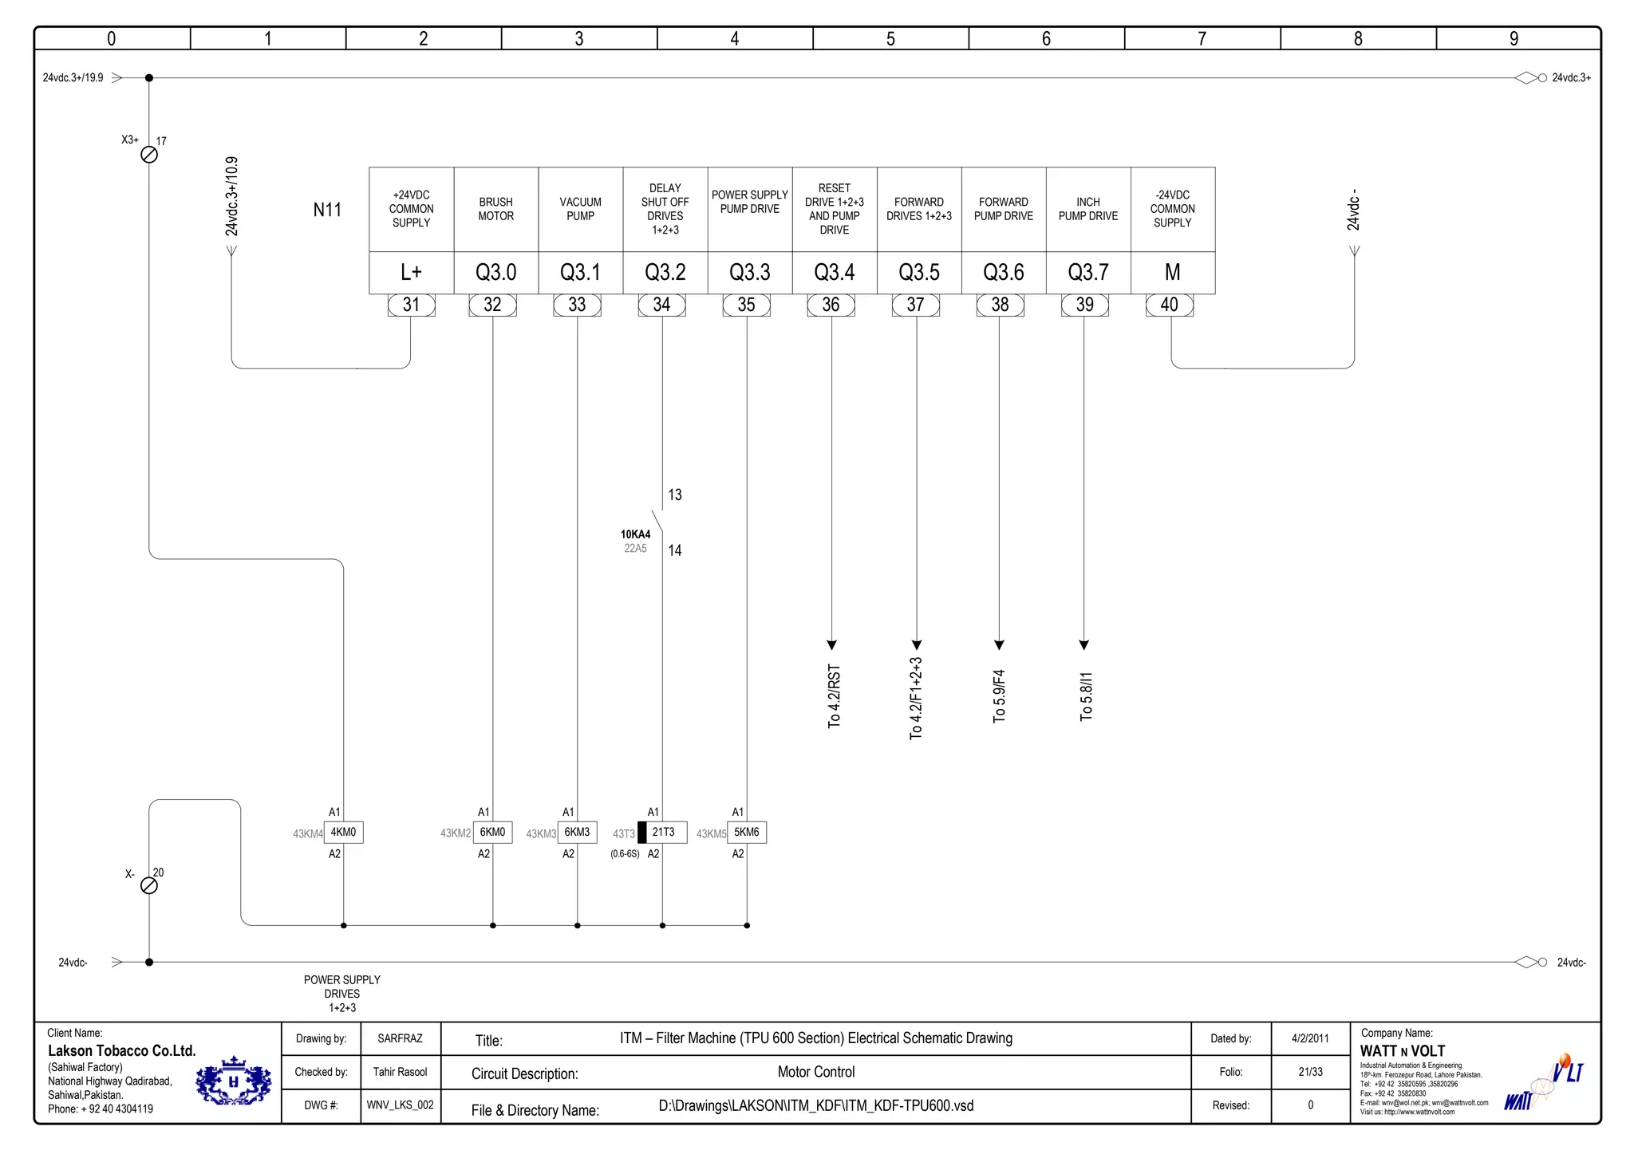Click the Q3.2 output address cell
pos(665,273)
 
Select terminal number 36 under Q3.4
pos(831,305)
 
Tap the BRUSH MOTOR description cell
pos(495,209)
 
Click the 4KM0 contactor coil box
pos(343,832)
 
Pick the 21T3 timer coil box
pos(662,832)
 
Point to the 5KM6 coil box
pos(747,832)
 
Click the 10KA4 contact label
pos(635,534)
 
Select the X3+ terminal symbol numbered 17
pos(149,155)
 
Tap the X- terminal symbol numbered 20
pos(149,886)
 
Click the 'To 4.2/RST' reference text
pos(834,696)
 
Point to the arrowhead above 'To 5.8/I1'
pos(1083,644)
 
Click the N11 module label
pos(327,210)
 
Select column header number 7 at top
pos(1202,38)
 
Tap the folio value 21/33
pos(1310,1072)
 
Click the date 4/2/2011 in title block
pos(1310,1038)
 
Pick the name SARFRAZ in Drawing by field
pos(400,1038)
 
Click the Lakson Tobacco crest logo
pos(234,1081)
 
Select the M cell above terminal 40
pos(1172,273)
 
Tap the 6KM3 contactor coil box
pos(577,832)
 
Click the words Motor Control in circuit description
pos(815,1072)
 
